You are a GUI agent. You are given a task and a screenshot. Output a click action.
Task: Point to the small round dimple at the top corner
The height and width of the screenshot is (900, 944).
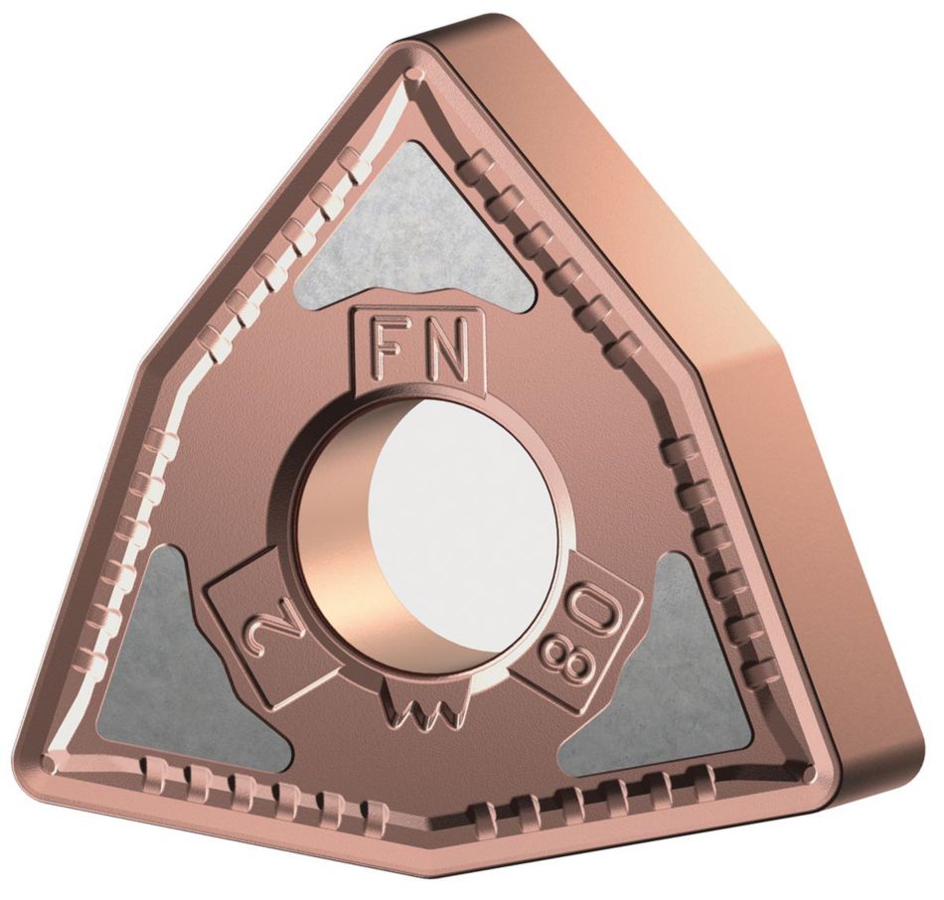tap(417, 75)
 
